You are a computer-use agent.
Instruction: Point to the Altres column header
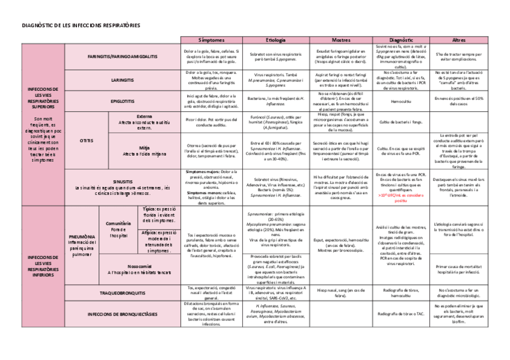(x=458, y=39)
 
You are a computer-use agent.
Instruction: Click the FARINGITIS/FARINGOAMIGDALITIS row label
(x=123, y=56)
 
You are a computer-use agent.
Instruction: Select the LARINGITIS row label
(x=123, y=79)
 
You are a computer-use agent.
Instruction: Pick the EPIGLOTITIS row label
(x=123, y=101)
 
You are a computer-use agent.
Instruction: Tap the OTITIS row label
(x=86, y=140)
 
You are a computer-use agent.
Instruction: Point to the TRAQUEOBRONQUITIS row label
(x=123, y=293)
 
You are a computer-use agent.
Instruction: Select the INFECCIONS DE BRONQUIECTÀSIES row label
(x=123, y=314)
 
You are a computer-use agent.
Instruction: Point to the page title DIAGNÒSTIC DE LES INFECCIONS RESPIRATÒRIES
(x=81, y=26)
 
